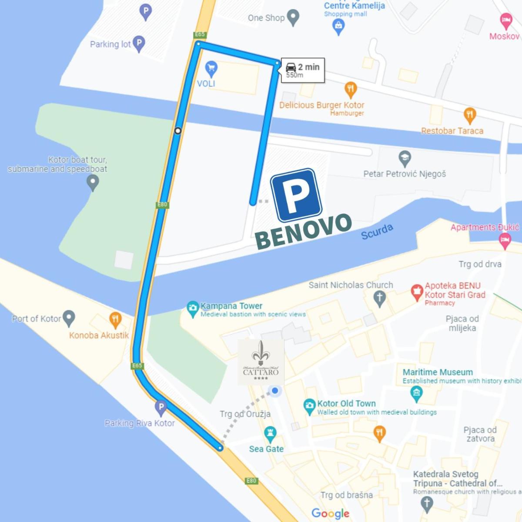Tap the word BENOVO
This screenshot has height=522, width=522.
(303, 231)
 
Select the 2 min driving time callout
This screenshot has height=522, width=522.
(303, 70)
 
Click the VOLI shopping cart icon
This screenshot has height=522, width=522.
(211, 68)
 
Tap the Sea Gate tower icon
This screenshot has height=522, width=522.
(270, 433)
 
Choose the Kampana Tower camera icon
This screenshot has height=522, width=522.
(192, 308)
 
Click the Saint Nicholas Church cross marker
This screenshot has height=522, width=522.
(380, 298)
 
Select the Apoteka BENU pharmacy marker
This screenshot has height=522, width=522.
(417, 292)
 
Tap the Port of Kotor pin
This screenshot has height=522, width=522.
(69, 318)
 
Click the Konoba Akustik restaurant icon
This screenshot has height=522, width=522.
(115, 320)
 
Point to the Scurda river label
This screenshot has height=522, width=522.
(377, 232)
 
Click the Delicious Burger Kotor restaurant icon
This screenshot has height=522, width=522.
(350, 90)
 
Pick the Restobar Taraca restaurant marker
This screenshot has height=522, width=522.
(469, 115)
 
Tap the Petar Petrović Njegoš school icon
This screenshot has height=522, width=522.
(405, 158)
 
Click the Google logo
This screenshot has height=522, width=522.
(330, 514)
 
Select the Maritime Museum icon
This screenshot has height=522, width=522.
(416, 394)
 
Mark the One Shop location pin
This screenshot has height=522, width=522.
(294, 17)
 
